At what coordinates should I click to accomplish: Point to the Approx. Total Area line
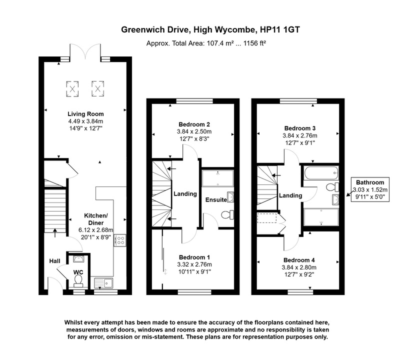tap(205, 43)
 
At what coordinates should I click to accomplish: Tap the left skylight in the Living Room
tap(72, 88)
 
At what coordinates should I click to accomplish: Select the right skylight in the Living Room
tap(97, 88)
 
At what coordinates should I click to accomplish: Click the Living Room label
tap(86, 114)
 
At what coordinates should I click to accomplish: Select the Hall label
tap(54, 261)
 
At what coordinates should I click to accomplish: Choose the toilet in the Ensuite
tap(227, 215)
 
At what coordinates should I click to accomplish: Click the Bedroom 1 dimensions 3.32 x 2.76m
tap(194, 264)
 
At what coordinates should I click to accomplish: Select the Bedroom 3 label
tap(299, 128)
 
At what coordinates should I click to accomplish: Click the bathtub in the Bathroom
tap(320, 175)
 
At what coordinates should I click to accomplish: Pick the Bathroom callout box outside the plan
tap(370, 189)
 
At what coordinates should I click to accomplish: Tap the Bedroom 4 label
tap(299, 260)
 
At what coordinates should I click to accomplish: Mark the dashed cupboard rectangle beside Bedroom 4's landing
tap(266, 218)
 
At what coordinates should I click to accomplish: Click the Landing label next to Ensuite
tap(184, 194)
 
